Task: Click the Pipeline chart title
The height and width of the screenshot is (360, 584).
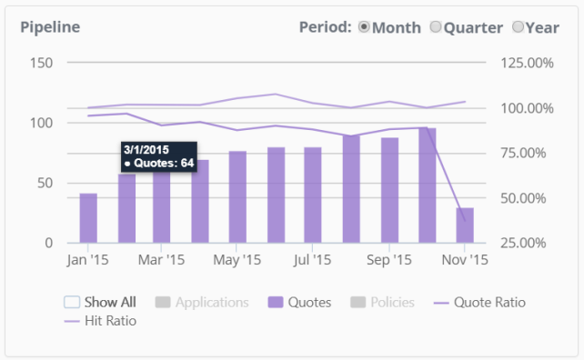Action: pyautogui.click(x=50, y=27)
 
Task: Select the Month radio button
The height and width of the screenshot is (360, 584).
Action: pyautogui.click(x=364, y=26)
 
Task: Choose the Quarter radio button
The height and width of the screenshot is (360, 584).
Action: pyautogui.click(x=436, y=26)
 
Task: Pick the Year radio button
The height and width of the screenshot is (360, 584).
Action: pyautogui.click(x=518, y=26)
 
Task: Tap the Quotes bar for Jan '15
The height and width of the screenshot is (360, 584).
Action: pyautogui.click(x=88, y=218)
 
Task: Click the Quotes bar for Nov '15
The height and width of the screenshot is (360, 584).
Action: pyautogui.click(x=465, y=225)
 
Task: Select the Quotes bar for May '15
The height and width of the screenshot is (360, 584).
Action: pyautogui.click(x=237, y=197)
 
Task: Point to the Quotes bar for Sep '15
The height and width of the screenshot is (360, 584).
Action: pyautogui.click(x=389, y=190)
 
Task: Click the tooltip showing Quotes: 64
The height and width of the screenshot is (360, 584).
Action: pyautogui.click(x=159, y=156)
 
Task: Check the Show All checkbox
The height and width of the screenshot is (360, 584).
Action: pyautogui.click(x=72, y=302)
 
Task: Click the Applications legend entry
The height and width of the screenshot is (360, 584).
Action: pyautogui.click(x=202, y=303)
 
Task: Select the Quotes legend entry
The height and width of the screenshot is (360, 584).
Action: pyautogui.click(x=299, y=303)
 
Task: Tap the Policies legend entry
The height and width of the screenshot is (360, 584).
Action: pyautogui.click(x=382, y=303)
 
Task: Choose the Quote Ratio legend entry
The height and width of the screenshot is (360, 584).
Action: pyautogui.click(x=479, y=303)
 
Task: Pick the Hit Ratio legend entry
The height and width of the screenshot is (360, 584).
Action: pyautogui.click(x=100, y=321)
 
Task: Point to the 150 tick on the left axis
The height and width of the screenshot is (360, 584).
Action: pyautogui.click(x=41, y=63)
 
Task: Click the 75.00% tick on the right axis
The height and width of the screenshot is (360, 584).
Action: pyautogui.click(x=523, y=153)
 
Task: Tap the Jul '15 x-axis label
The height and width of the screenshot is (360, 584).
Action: pyautogui.click(x=312, y=260)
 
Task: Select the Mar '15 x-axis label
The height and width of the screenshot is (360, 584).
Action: pyautogui.click(x=161, y=260)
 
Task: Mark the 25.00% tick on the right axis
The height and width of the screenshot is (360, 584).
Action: pyautogui.click(x=523, y=243)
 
